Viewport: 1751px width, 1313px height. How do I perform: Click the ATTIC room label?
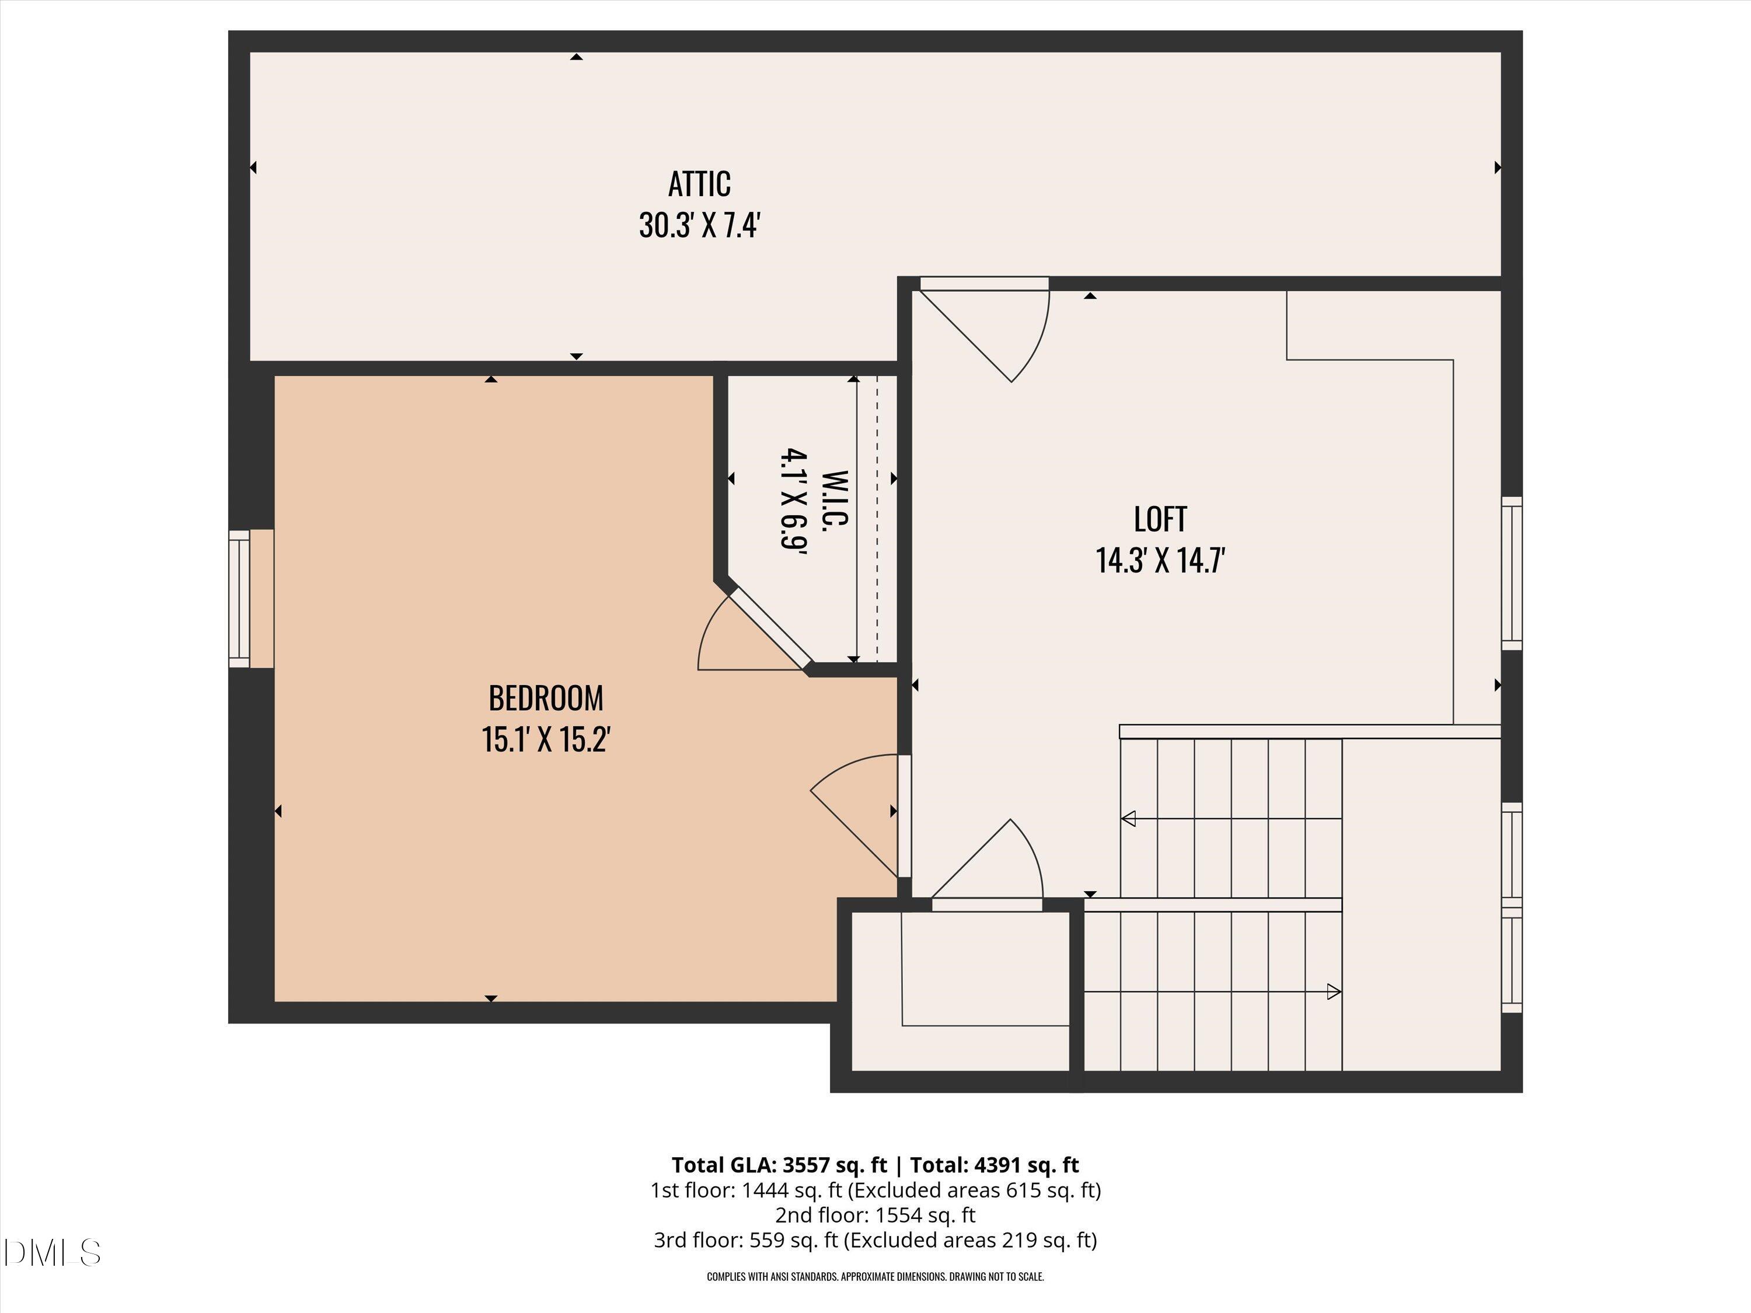[699, 184]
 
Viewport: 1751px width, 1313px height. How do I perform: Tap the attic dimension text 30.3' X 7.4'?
[700, 226]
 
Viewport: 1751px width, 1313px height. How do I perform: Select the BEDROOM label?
[545, 698]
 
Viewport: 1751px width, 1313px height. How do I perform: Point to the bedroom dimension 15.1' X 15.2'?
[545, 740]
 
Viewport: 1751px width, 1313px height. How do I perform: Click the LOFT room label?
[1160, 519]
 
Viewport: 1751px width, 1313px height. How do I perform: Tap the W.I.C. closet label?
[836, 500]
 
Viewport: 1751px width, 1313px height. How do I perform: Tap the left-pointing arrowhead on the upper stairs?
[1129, 818]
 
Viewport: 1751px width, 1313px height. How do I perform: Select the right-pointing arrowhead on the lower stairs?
[1334, 991]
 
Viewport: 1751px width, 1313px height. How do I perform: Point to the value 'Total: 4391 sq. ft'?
[994, 1165]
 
